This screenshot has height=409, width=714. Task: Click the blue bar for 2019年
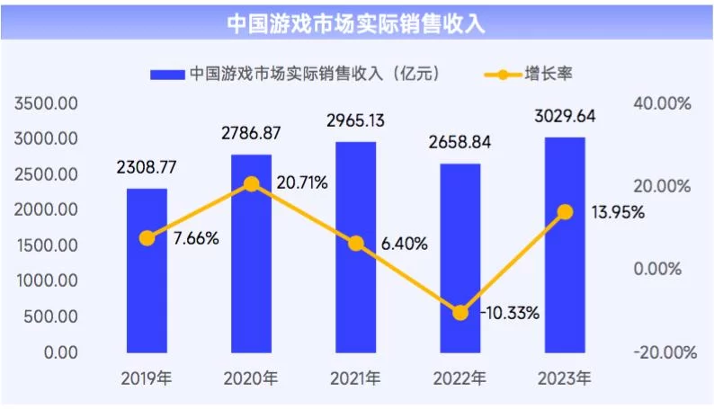pyautogui.click(x=147, y=270)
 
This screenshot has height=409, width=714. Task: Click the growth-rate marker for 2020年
pyautogui.click(x=252, y=184)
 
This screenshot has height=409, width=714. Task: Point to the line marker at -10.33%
pyautogui.click(x=460, y=313)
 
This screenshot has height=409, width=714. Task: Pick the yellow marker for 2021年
pyautogui.click(x=356, y=244)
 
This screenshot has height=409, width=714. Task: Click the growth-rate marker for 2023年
pyautogui.click(x=565, y=212)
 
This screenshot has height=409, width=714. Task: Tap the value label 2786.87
pyautogui.click(x=251, y=133)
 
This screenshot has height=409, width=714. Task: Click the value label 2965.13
pyautogui.click(x=355, y=120)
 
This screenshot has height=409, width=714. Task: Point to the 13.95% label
pyautogui.click(x=614, y=213)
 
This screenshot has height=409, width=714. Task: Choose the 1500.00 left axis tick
pyautogui.click(x=47, y=245)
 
